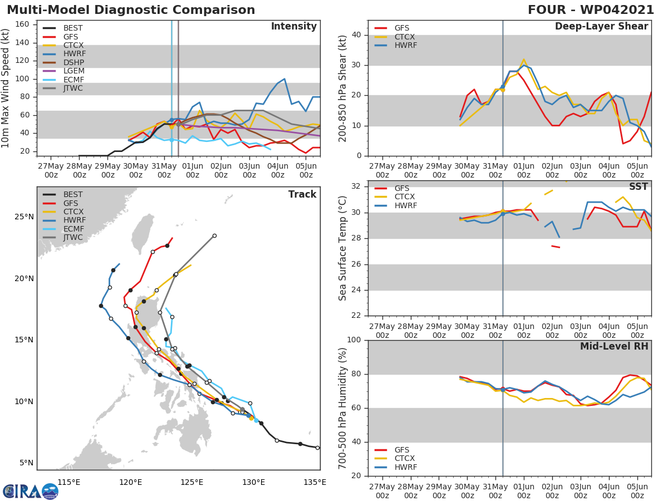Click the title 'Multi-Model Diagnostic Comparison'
coord(131,10)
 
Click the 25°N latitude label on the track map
coord(23,217)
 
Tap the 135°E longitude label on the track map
coord(315,482)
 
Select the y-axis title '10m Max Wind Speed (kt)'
coord(7,89)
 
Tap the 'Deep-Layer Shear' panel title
coord(601,27)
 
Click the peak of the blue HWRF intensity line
coord(284,78)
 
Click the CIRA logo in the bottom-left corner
coord(30,491)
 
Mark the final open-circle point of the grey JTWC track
coord(214,235)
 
